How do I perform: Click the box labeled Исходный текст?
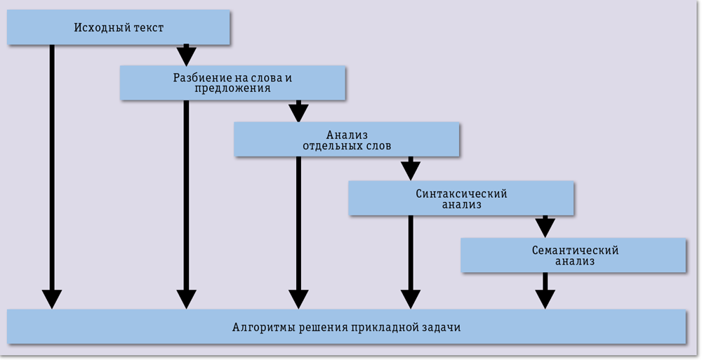(119, 27)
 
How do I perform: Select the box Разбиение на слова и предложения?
(232, 83)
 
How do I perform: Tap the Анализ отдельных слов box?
(347, 140)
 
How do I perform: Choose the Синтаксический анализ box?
(461, 199)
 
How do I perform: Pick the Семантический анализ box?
(574, 255)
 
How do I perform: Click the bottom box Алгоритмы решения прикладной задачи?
(347, 327)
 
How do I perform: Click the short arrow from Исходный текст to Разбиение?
(185, 55)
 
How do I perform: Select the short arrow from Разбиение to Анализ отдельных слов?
(298, 111)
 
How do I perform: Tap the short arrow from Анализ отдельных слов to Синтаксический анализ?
(411, 168)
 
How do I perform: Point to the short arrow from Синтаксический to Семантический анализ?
(545, 226)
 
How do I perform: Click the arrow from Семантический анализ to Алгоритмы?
(545, 290)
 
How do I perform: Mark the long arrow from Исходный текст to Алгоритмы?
(51, 175)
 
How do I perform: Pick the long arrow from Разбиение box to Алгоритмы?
(186, 204)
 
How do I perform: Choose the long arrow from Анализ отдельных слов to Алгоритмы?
(298, 232)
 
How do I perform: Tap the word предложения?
(232, 89)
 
